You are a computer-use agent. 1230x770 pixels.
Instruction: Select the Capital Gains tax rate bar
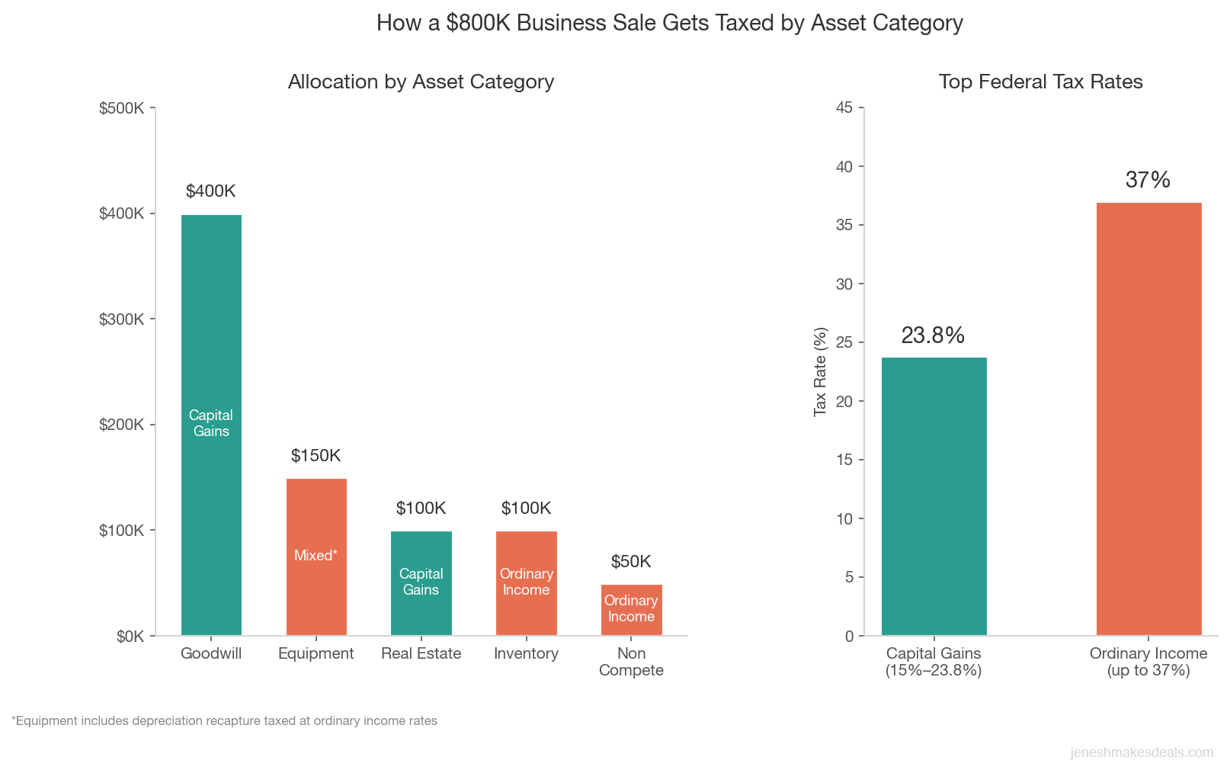(x=934, y=496)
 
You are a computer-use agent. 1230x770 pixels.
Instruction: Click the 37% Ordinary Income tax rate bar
(x=1148, y=419)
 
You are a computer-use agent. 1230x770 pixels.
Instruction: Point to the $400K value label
(x=211, y=191)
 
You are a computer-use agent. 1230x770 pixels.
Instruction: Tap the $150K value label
(x=316, y=456)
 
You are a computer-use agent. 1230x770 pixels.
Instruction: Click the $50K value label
(x=631, y=562)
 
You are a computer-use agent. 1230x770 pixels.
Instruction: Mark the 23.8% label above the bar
(x=933, y=335)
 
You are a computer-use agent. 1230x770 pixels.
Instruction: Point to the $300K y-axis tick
(x=122, y=319)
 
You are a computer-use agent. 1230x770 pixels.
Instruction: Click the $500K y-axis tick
(x=122, y=108)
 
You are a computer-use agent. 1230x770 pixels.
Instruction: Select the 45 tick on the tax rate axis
(x=844, y=107)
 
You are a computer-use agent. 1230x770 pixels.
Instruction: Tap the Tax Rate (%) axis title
(x=820, y=372)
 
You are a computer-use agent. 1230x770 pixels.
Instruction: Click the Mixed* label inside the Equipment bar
(x=316, y=556)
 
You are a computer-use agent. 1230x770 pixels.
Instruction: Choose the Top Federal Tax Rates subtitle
(x=1040, y=82)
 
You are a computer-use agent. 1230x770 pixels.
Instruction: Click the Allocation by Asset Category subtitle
(x=421, y=82)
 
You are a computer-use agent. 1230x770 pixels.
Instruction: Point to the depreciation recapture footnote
(x=225, y=720)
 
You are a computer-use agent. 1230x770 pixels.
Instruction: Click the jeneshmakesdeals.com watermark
(x=1142, y=752)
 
